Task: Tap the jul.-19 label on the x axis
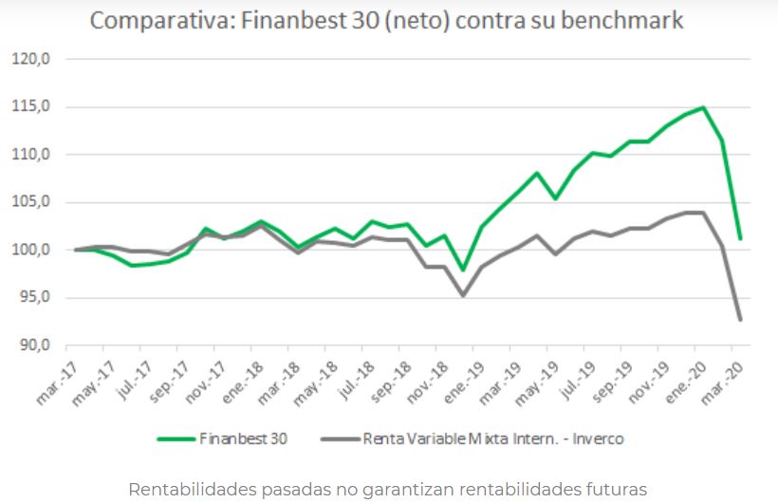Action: pos(578,381)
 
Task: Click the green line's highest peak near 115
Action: pos(703,107)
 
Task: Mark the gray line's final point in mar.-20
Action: pos(739,320)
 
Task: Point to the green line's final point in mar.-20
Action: pos(739,238)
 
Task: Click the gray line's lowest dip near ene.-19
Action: pos(463,295)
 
